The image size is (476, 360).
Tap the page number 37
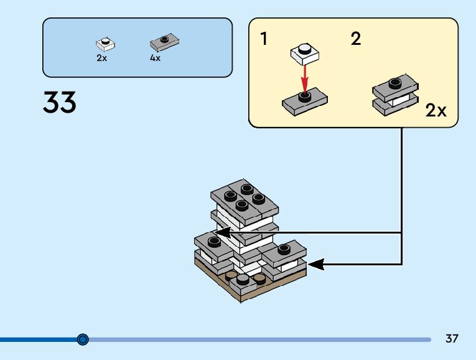pos(452,339)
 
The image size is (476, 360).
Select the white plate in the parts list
pos(105,44)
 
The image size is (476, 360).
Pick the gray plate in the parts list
pos(164,43)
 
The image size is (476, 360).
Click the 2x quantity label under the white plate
pos(101,58)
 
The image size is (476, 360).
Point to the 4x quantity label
pos(155,58)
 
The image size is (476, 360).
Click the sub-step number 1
pos(264,39)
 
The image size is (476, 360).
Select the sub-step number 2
pos(355,39)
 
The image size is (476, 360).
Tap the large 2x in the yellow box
pos(436,111)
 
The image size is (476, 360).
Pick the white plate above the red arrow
pos(304,52)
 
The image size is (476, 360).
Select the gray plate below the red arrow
pos(304,101)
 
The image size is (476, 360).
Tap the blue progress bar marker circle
pos(83,339)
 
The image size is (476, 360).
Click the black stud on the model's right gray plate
pos(284,249)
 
